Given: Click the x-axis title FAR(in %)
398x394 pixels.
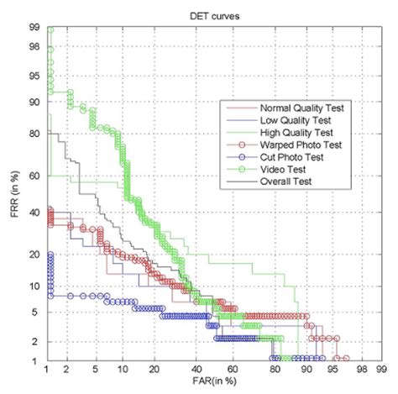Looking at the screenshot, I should point(214,386).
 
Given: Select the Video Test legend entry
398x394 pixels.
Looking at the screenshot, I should point(285,168).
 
